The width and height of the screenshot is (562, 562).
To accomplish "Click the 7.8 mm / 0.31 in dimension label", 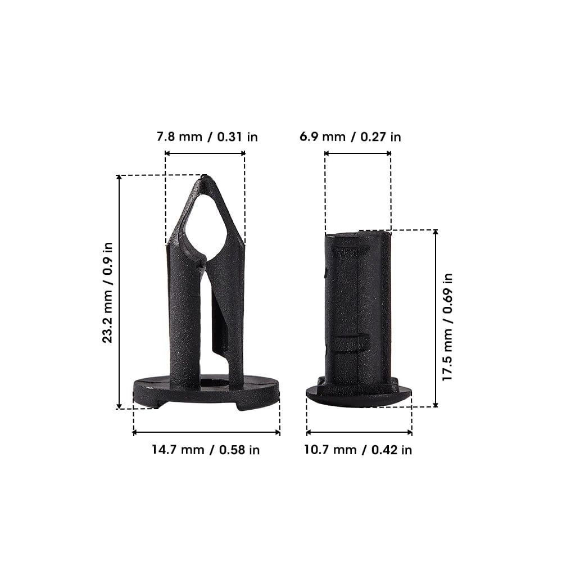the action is (207, 137).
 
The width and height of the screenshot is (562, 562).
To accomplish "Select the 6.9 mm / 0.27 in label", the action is (350, 137).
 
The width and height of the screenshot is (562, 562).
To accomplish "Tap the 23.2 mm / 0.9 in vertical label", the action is (107, 292).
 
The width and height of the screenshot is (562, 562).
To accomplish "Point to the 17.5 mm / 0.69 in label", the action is (447, 327).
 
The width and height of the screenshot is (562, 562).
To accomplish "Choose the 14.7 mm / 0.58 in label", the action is (206, 450).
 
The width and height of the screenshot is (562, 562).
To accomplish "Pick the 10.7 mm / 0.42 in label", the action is (358, 450).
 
